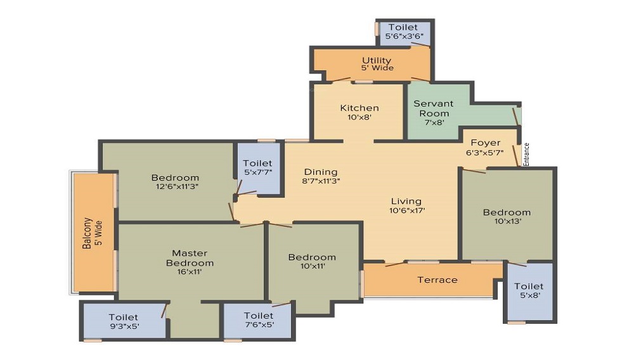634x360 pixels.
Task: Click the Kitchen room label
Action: click(359, 108)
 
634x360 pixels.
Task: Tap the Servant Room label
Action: click(434, 108)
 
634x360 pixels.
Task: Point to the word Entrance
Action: click(526, 155)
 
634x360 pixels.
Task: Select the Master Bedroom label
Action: click(190, 258)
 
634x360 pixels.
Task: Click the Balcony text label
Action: click(87, 233)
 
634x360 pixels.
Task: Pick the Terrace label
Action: click(437, 280)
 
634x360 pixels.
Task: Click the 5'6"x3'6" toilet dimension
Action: click(404, 36)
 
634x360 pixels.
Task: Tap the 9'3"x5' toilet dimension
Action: click(124, 326)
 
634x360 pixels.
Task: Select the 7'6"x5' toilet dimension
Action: click(259, 325)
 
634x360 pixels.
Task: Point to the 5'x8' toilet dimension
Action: click(529, 295)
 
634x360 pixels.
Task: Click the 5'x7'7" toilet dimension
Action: click(257, 172)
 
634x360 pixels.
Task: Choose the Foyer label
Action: click(486, 143)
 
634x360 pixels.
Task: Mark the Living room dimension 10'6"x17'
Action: click(407, 210)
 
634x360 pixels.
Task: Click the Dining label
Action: click(321, 172)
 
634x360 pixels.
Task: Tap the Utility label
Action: click(377, 61)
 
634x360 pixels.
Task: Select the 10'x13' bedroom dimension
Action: click(507, 221)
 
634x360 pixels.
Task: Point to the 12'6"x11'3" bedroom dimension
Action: click(177, 186)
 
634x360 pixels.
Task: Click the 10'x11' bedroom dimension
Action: click(313, 266)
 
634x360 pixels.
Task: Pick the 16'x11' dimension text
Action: click(189, 271)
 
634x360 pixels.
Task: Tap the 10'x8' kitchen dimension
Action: click(359, 117)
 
